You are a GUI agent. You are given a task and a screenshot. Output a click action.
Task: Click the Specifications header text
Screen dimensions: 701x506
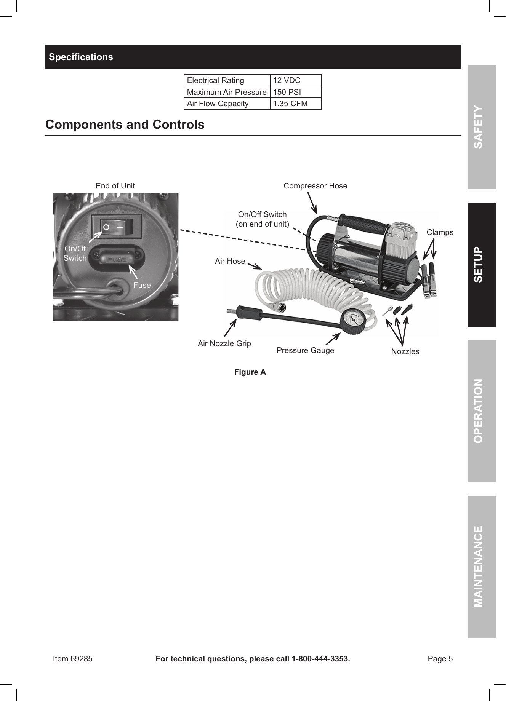pos(81,57)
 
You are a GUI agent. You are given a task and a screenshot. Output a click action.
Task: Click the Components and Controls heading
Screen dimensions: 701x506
pos(125,125)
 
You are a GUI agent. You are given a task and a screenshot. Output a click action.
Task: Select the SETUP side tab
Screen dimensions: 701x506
pos(482,265)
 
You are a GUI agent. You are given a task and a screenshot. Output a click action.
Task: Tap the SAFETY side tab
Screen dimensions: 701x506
pos(482,127)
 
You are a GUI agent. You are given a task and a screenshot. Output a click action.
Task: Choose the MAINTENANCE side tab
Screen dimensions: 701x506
pos(482,566)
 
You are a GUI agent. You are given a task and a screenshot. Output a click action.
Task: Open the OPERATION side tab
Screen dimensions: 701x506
pos(482,411)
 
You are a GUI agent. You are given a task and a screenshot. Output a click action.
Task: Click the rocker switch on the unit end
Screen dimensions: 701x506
pos(116,227)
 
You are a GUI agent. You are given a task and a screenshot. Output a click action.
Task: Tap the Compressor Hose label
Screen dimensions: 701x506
pos(315,186)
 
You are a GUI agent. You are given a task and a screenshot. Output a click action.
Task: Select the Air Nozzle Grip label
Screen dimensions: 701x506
pos(224,343)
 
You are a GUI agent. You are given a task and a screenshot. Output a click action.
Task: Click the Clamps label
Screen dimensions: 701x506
pos(440,232)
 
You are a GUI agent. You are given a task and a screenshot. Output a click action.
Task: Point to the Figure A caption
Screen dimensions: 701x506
pos(250,372)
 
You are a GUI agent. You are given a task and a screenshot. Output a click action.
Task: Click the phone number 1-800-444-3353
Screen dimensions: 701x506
pos(320,659)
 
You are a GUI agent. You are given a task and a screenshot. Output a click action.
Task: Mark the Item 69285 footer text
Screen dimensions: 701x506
pos(72,659)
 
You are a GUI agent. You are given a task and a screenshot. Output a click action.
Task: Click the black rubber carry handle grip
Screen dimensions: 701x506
pos(363,225)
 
